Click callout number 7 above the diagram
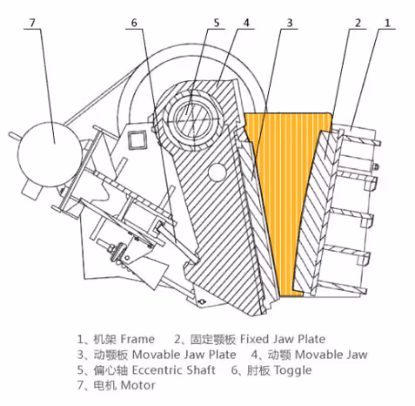point(34,19)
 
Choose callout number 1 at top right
point(390,19)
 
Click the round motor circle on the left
point(52,139)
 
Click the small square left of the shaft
point(135,137)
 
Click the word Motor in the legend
point(137,385)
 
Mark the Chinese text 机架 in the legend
point(102,338)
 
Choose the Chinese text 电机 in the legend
point(103,385)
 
